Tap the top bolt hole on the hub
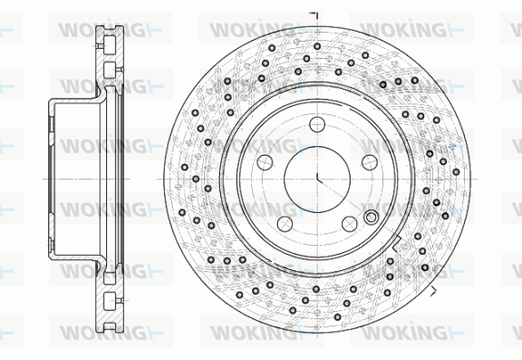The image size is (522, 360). pos(317,124)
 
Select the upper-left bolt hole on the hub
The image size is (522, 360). pos(265,162)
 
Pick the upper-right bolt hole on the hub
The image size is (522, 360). pos(370,162)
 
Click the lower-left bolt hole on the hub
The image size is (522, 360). pos(285,224)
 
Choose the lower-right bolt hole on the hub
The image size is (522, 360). pos(350,224)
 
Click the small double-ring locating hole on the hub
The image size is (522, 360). pos(371,218)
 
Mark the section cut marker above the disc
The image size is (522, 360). pos(314,15)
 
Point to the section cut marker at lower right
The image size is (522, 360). pos(433,291)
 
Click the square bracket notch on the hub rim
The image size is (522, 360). pos(396,243)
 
